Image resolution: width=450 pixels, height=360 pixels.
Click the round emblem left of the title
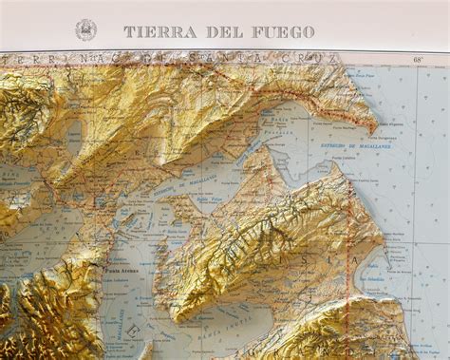pos(85,29)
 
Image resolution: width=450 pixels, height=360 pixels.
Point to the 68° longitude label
pos(418,59)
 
